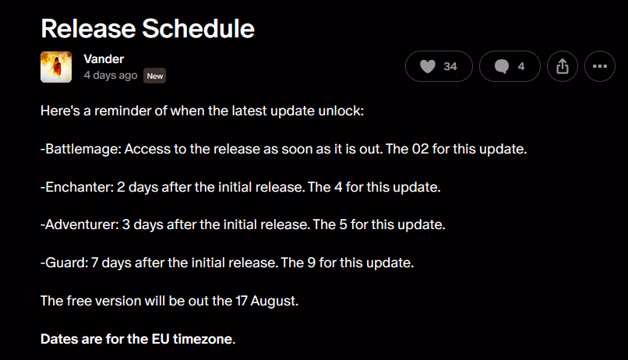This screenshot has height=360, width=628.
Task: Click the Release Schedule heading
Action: [x=147, y=28]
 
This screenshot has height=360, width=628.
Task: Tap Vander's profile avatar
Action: [x=56, y=67]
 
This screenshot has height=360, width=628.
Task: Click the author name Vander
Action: [x=104, y=59]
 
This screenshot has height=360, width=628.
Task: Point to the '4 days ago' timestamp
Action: [x=111, y=76]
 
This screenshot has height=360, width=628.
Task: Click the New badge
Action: [x=154, y=76]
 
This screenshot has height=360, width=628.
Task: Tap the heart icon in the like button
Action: [x=427, y=66]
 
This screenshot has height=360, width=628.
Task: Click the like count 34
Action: [x=450, y=66]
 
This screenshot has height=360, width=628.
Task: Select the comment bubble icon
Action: [x=502, y=66]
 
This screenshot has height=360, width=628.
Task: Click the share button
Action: [x=563, y=66]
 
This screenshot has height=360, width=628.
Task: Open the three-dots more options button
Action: [x=600, y=66]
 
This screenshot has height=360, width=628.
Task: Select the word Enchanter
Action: [x=79, y=187]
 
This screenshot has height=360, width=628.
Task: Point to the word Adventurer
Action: [x=82, y=224]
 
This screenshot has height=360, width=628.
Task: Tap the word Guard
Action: [x=66, y=263]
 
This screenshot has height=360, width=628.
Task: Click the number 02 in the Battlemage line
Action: [x=420, y=149]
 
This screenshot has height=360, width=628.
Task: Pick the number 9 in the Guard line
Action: [x=311, y=263]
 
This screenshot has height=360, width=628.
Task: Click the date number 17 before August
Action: [x=242, y=301]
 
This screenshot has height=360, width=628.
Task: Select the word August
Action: [x=274, y=301]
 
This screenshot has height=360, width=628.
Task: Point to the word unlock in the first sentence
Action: [x=340, y=111]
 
